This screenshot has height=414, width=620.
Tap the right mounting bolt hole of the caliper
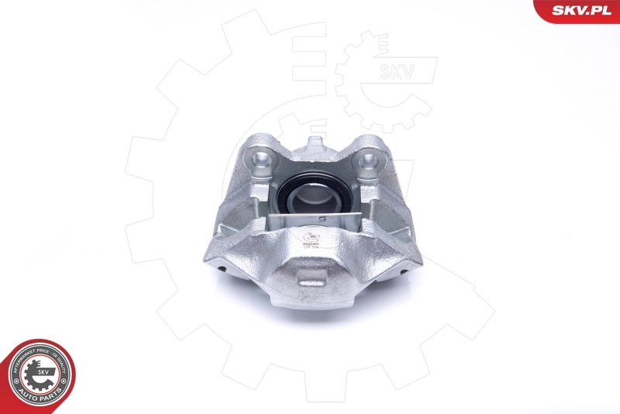point(369,161)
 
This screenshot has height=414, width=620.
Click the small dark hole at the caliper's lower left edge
point(222,269)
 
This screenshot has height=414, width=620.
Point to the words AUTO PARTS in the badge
point(41,395)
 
